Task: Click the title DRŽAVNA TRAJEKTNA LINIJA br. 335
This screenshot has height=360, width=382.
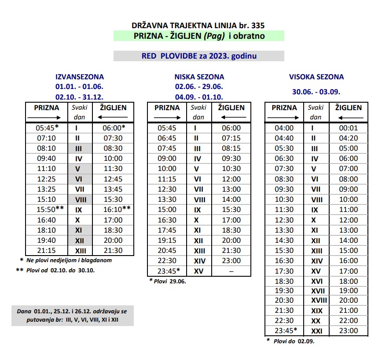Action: click(198, 26)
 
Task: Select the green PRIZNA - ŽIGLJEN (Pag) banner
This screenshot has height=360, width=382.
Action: click(198, 36)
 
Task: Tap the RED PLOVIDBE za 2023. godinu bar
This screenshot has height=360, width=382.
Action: click(198, 56)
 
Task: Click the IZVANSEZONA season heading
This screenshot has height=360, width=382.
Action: click(80, 77)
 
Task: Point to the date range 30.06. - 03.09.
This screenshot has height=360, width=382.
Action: click(316, 92)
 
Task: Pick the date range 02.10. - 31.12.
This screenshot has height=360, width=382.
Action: click(80, 97)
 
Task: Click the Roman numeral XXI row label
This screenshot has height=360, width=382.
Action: click(316, 331)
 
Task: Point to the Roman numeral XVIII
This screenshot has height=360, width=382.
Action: click(316, 301)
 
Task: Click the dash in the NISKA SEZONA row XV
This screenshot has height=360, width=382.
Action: click(231, 271)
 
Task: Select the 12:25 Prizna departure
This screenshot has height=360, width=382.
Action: click(46, 179)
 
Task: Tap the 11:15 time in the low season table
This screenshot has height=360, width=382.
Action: click(166, 179)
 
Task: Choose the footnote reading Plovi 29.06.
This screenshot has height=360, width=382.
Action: click(168, 281)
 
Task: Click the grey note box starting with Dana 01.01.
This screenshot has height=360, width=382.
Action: click(73, 315)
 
